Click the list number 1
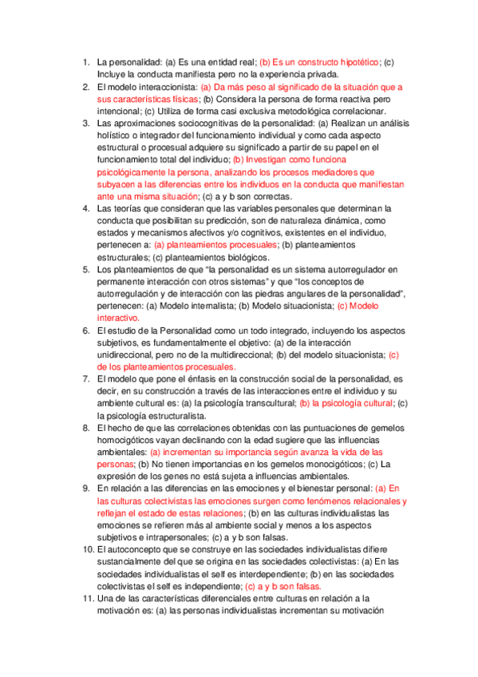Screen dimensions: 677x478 click(86, 62)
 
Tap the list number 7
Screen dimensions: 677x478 click(86, 378)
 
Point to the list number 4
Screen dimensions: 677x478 click(86, 208)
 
